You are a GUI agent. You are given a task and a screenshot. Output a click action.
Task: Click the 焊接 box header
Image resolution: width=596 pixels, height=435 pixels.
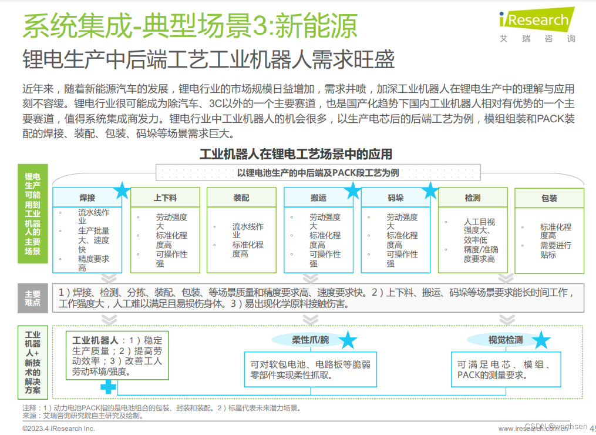click(x=87, y=198)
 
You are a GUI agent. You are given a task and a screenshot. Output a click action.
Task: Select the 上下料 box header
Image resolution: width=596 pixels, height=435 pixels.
click(x=165, y=198)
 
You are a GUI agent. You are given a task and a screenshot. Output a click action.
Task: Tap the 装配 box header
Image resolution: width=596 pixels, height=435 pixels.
click(x=241, y=198)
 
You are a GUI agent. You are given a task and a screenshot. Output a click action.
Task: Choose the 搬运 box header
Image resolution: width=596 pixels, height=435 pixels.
click(x=318, y=198)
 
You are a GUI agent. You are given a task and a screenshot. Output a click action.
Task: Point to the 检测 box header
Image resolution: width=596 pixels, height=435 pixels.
click(x=473, y=198)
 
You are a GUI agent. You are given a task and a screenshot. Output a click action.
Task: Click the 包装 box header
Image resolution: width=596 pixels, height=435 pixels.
click(x=549, y=198)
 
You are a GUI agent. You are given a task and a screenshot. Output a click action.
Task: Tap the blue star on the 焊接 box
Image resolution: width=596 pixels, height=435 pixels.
click(x=122, y=190)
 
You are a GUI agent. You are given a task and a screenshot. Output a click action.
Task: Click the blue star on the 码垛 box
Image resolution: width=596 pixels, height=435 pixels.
click(x=430, y=190)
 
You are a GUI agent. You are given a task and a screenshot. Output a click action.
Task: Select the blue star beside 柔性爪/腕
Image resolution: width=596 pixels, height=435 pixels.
click(x=348, y=340)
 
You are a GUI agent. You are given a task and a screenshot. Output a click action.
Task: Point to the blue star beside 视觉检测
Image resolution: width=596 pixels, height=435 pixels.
click(x=541, y=340)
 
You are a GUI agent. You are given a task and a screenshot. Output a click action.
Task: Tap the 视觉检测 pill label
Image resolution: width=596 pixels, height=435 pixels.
click(x=505, y=340)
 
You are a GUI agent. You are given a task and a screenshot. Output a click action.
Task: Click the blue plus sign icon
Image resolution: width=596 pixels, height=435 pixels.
click(x=108, y=386)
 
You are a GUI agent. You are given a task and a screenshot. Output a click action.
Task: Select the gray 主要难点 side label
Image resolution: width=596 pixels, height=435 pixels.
click(x=33, y=298)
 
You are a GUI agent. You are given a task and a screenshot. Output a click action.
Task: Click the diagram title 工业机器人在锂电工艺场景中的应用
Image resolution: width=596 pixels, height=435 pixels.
click(x=296, y=154)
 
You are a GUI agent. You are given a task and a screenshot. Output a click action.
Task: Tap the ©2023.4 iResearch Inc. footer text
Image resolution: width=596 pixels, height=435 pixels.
click(x=58, y=429)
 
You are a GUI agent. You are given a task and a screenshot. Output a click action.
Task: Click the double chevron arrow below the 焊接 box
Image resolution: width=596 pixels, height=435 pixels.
click(x=108, y=277)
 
